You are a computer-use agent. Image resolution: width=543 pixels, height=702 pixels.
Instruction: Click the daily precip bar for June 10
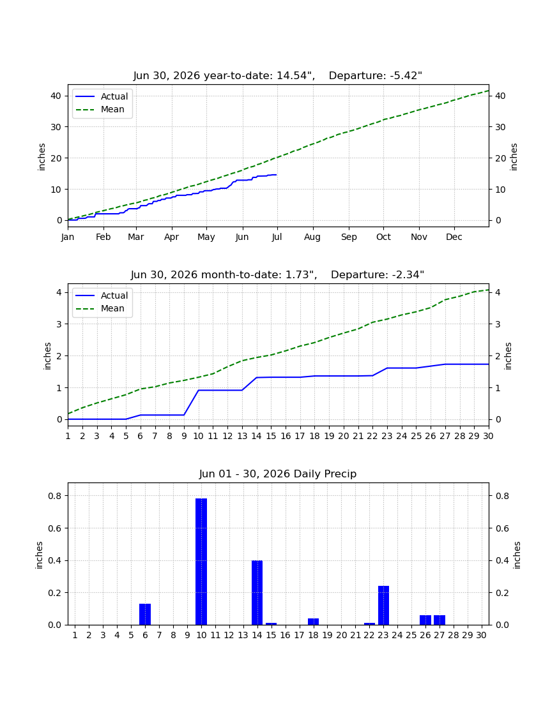point(201,562)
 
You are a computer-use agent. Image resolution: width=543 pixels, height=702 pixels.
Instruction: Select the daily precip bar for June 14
point(257,592)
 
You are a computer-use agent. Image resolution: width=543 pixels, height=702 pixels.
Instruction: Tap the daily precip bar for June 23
point(383,605)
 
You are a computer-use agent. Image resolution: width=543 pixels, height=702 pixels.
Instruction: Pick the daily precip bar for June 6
point(145,614)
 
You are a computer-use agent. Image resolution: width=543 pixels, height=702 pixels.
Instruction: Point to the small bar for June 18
point(313,622)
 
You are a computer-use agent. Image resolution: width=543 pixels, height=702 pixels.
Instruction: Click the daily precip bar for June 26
point(425,620)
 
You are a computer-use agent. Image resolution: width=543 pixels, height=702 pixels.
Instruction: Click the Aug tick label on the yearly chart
point(312,237)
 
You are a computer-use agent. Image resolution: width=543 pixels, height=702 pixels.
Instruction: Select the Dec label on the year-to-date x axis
point(454,237)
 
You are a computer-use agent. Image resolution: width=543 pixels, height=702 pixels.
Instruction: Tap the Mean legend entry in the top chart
point(103,109)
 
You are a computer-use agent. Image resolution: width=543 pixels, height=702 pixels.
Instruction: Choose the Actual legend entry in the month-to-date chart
point(103,295)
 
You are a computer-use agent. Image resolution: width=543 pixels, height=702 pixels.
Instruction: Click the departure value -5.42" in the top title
point(406,76)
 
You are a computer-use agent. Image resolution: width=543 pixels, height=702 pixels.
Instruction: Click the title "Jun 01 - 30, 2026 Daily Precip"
point(278,474)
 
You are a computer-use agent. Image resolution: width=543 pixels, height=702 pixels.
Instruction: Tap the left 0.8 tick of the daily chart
point(55,496)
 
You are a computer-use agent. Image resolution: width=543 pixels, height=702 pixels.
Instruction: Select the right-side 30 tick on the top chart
point(500,127)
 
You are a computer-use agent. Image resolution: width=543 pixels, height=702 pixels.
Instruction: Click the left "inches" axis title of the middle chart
point(47,356)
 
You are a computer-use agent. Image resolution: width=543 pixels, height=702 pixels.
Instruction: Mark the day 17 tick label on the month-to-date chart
point(300,436)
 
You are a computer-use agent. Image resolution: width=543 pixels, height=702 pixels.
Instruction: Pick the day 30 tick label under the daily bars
point(481,635)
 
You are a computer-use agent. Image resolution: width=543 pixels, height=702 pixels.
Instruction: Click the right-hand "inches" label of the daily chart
point(517,555)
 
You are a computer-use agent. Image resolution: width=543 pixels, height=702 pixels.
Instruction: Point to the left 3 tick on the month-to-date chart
point(59,324)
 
